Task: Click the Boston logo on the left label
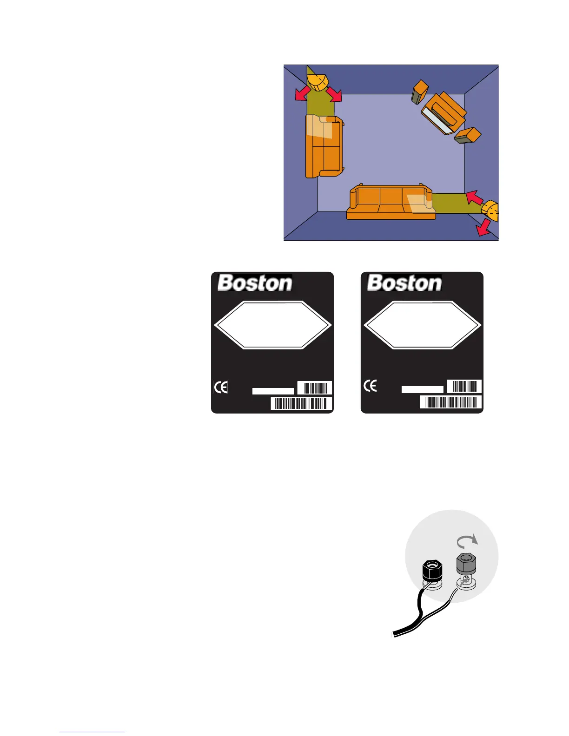(x=255, y=283)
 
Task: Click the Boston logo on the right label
(x=404, y=283)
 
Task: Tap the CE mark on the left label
(x=221, y=387)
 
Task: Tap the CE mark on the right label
(x=371, y=386)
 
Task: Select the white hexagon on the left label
(x=272, y=325)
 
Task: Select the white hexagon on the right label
(x=422, y=325)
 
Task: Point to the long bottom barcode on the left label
(x=301, y=403)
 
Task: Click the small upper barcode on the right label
(x=464, y=387)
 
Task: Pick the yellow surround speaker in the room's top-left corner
(x=318, y=83)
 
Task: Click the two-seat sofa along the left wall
(x=324, y=146)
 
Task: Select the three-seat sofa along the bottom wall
(x=391, y=203)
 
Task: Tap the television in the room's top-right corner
(x=443, y=113)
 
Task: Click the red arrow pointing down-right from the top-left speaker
(x=333, y=94)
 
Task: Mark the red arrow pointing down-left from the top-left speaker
(x=302, y=93)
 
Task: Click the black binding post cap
(x=432, y=570)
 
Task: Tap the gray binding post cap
(x=466, y=564)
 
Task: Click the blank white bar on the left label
(x=273, y=391)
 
